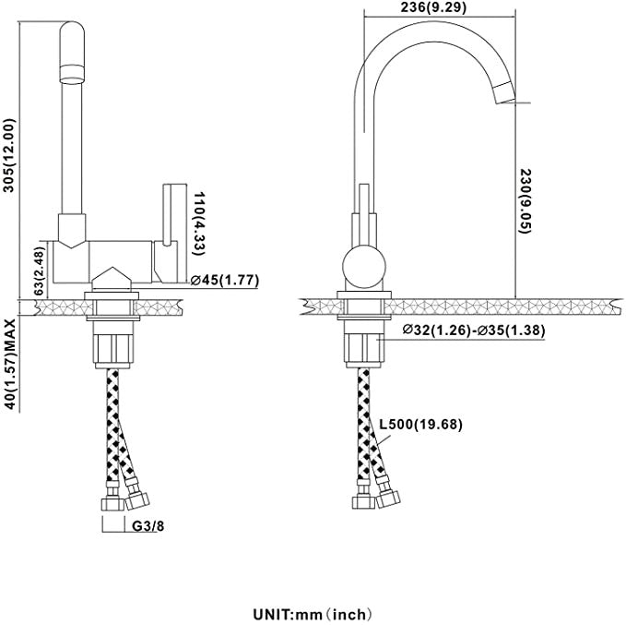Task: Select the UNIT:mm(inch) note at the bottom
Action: click(313, 612)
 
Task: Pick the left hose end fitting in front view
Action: click(110, 504)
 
